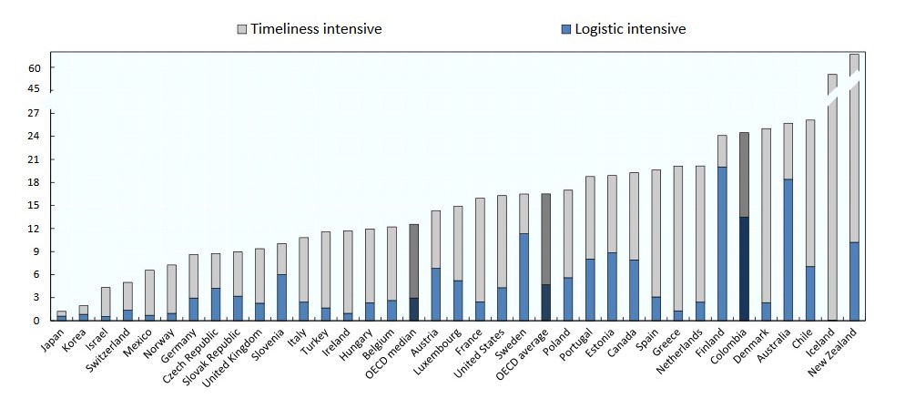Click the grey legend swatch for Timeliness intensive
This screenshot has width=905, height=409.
tap(241, 29)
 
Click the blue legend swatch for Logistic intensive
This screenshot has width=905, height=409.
tap(566, 29)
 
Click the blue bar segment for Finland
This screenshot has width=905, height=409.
tap(722, 243)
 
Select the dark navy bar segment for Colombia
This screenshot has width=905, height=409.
tap(744, 269)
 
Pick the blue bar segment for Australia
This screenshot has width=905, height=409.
tap(788, 250)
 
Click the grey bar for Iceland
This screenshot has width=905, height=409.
tap(832, 197)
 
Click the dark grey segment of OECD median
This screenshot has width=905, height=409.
tap(414, 261)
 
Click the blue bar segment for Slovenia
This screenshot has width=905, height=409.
tap(282, 297)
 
